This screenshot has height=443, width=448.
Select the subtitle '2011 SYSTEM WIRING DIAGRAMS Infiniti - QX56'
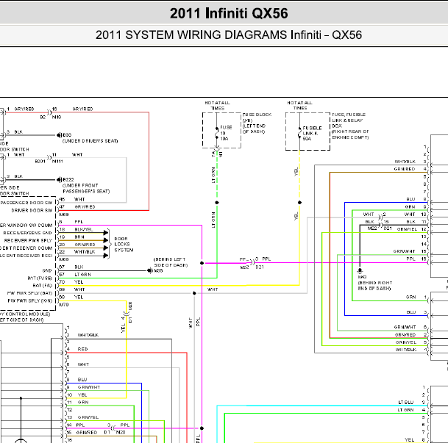click(229, 35)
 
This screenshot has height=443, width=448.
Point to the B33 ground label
click(66, 135)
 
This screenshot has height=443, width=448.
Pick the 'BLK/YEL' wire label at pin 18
click(85, 230)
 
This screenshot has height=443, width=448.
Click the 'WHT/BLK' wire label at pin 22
click(85, 252)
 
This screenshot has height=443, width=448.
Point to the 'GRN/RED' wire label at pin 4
click(405, 169)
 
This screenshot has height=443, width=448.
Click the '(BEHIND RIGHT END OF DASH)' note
click(374, 287)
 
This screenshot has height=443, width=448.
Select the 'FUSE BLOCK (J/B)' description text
click(257, 118)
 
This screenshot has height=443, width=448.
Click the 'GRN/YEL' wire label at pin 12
click(407, 229)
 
